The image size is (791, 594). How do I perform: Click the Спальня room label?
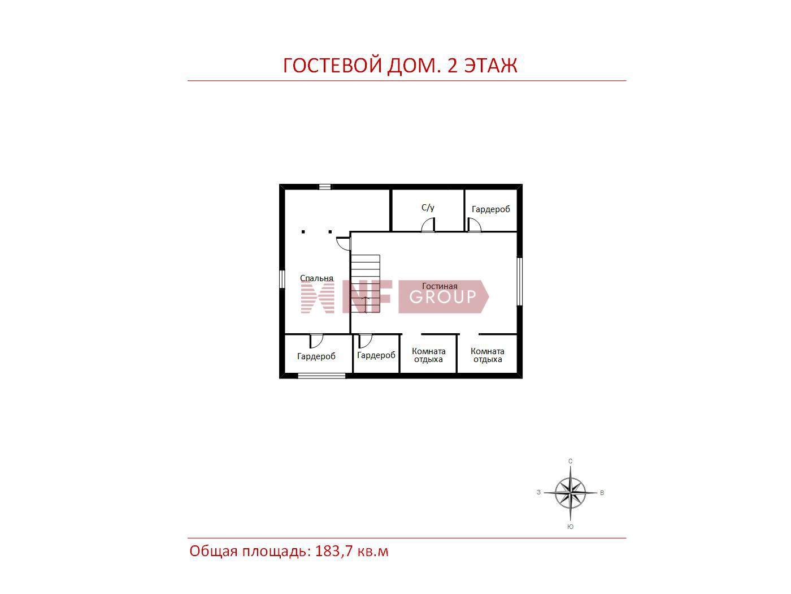point(316,278)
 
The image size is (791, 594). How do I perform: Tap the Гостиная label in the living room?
point(439,286)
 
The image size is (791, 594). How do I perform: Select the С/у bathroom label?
point(428,208)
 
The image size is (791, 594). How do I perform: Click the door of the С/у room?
point(428,225)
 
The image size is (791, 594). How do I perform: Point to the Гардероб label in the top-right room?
point(490,209)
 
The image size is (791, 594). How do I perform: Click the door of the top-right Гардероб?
point(474,225)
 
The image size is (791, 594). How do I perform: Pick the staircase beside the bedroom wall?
point(366,283)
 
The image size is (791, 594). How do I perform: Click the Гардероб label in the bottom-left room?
point(316,356)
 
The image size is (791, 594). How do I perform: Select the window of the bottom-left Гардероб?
point(321,376)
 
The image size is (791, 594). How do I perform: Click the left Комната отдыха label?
point(428,355)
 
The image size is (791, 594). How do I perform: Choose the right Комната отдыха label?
point(487,355)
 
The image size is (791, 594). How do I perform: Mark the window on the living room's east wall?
point(520,281)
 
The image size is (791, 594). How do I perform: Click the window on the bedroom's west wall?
point(282,279)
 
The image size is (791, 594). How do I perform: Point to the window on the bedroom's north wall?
point(324,187)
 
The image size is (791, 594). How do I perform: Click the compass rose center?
point(570,492)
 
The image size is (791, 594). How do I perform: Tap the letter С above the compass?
point(570,461)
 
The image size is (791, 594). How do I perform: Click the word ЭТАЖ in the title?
point(490,66)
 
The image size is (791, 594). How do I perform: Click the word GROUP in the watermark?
point(442,297)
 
